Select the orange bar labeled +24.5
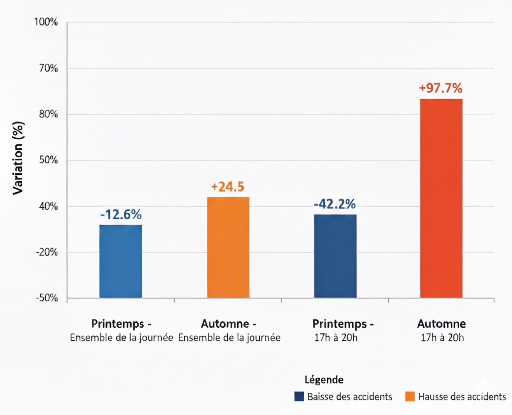pyautogui.click(x=228, y=248)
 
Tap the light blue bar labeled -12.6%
pyautogui.click(x=121, y=261)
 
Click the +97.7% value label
pyautogui.click(x=441, y=88)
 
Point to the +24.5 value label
pyautogui.click(x=227, y=187)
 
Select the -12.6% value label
pyautogui.click(x=121, y=214)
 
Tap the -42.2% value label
pyautogui.click(x=335, y=204)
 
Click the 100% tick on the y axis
pyautogui.click(x=46, y=22)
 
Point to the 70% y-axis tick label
pyautogui.click(x=48, y=68)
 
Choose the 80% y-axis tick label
pyautogui.click(x=48, y=114)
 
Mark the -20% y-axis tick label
pyautogui.click(x=47, y=252)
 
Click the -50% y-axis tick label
pyautogui.click(x=47, y=298)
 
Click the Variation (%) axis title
pyautogui.click(x=18, y=158)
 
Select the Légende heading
pyautogui.click(x=324, y=380)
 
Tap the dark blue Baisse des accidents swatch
pyautogui.click(x=299, y=396)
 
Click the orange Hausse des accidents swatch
pyautogui.click(x=410, y=396)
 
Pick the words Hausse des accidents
pyautogui.click(x=462, y=397)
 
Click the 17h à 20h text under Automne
pyautogui.click(x=442, y=337)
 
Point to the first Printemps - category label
pyautogui.click(x=121, y=324)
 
